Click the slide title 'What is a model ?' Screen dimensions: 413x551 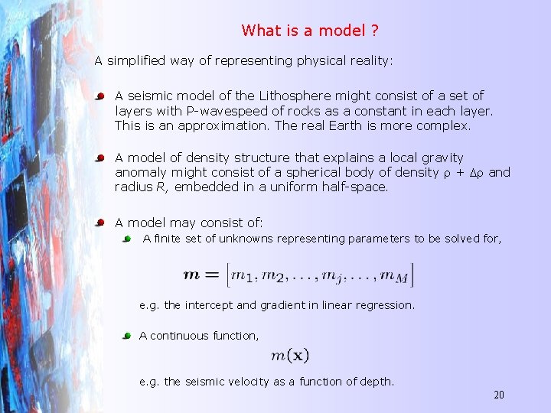[x=311, y=31]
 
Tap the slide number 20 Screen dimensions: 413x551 [x=499, y=395]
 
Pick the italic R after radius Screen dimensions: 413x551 [x=164, y=187]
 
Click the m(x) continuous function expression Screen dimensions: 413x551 [x=290, y=355]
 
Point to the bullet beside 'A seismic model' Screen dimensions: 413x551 [x=100, y=96]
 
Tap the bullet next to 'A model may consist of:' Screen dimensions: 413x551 [x=100, y=223]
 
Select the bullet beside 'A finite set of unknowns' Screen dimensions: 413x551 [x=128, y=239]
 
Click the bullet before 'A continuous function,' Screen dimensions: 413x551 [x=128, y=336]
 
